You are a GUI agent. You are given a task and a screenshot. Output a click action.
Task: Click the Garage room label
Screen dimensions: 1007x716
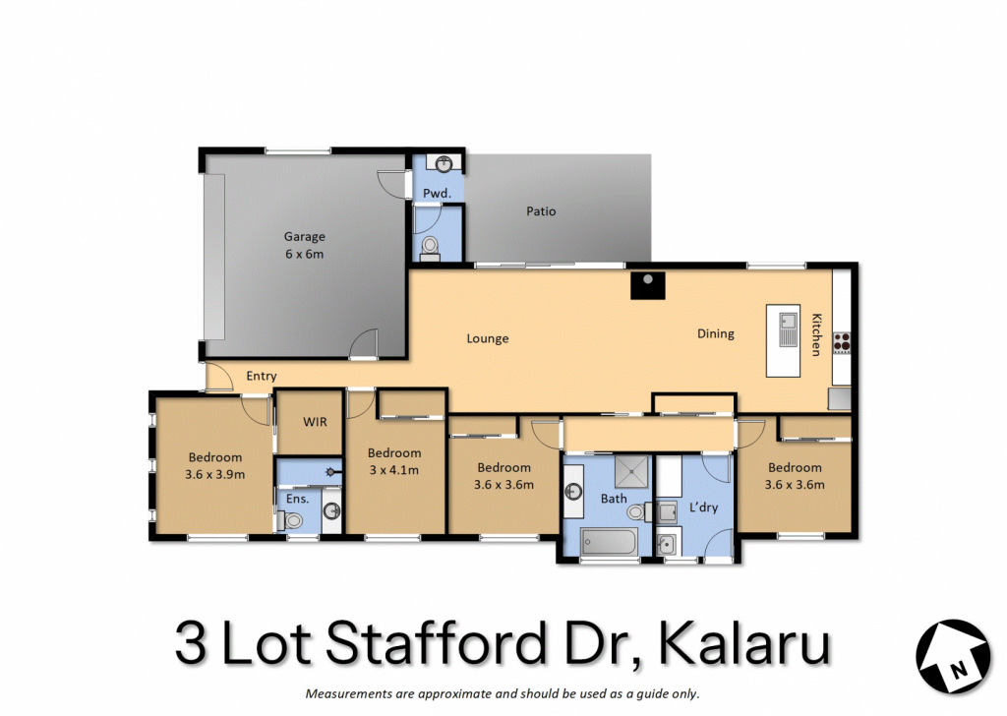tap(305, 236)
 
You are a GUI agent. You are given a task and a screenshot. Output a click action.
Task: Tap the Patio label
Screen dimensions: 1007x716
tap(541, 210)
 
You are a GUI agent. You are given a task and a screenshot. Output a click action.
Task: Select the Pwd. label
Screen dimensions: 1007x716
tap(437, 193)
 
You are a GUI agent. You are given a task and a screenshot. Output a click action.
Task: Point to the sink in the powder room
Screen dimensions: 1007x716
tap(444, 163)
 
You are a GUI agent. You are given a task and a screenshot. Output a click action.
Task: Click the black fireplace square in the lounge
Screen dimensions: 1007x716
tap(647, 285)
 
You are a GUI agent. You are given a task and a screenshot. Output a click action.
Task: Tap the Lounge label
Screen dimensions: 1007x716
tap(488, 338)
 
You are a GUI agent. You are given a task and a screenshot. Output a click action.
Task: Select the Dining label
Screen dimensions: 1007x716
tap(716, 333)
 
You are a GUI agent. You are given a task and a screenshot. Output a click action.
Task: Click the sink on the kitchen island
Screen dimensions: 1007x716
tap(788, 329)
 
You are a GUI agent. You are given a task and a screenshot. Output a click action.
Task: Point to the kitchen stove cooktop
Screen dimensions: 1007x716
tap(842, 342)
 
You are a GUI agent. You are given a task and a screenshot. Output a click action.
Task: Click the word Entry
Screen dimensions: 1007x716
tap(262, 376)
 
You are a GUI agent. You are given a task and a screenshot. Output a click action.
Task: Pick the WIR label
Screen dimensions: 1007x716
tap(315, 422)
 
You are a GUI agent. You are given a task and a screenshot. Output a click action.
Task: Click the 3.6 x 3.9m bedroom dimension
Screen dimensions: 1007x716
tap(215, 475)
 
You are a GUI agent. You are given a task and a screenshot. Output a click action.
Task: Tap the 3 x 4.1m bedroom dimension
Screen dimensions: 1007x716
tap(394, 470)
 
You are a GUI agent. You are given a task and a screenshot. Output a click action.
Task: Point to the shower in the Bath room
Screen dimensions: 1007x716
tap(631, 472)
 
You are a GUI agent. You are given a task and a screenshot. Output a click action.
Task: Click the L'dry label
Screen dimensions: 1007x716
tap(703, 507)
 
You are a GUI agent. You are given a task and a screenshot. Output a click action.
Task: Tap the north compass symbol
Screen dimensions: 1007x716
tap(953, 656)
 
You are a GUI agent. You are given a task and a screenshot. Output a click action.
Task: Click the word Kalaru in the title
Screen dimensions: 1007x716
tap(744, 642)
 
